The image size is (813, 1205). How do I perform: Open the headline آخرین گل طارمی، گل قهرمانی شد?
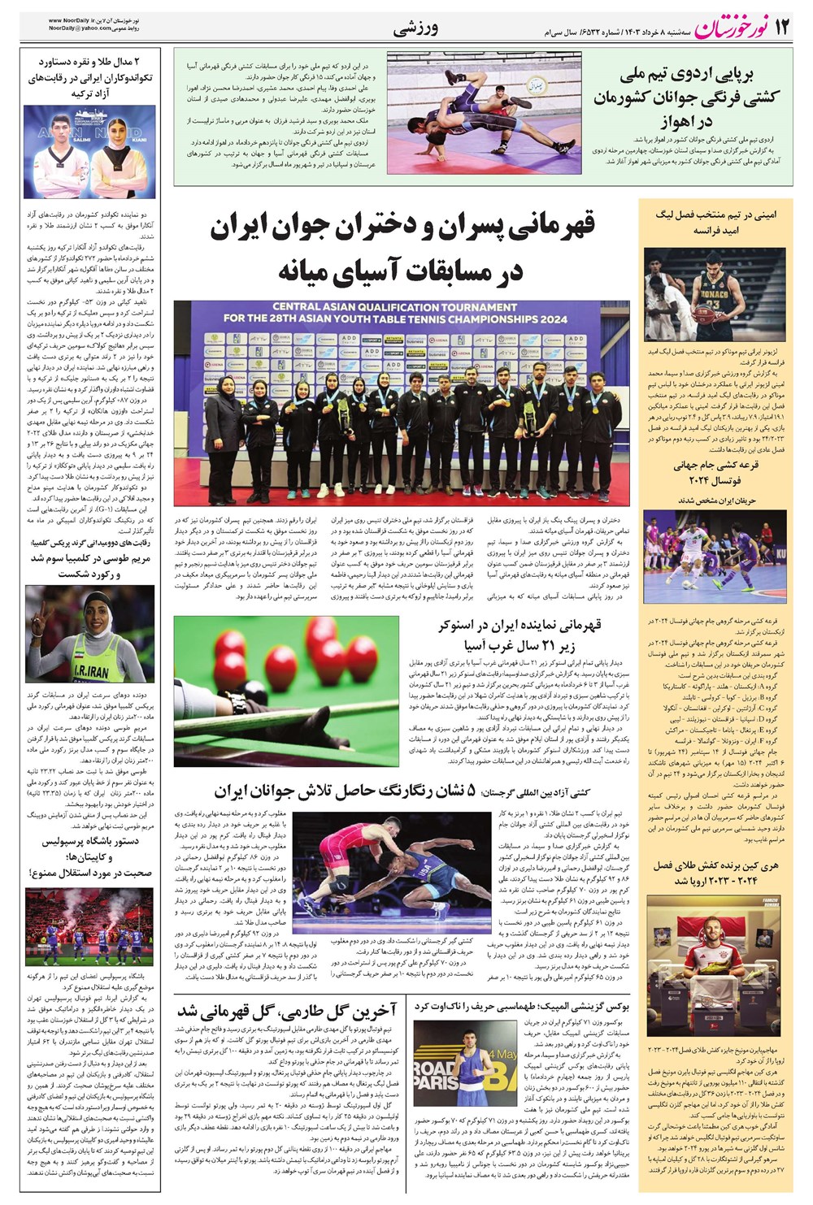[x=287, y=1011]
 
